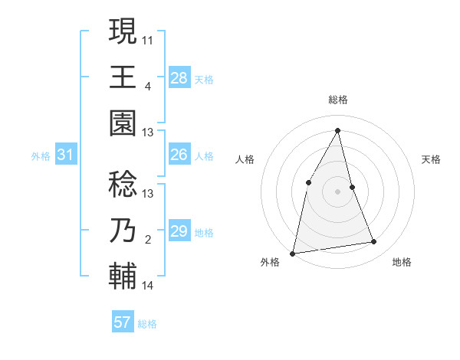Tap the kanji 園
(123, 121)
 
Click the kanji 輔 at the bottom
(123, 275)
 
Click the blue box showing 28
(179, 77)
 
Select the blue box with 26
(179, 155)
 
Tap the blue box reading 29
(179, 231)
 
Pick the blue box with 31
(65, 155)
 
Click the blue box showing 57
(122, 322)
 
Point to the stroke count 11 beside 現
(148, 38)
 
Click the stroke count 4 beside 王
(148, 87)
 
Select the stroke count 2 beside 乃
(148, 241)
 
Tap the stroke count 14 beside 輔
(148, 286)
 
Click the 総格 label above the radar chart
(337, 100)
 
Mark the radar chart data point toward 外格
(292, 253)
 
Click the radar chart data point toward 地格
(374, 242)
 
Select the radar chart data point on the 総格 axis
(337, 130)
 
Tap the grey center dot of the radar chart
(337, 191)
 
